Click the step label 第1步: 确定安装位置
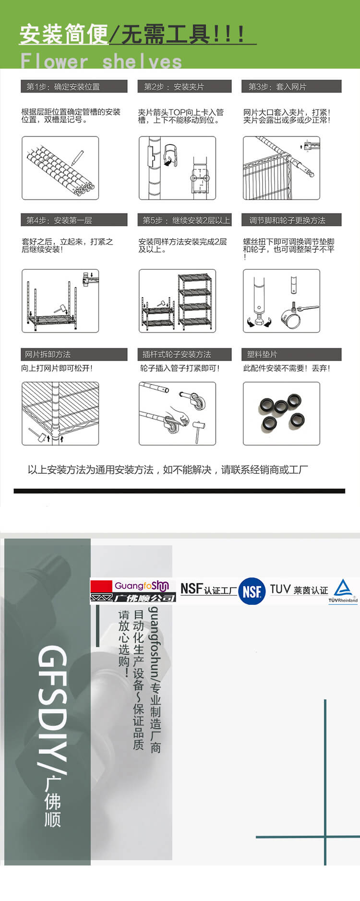pyautogui.click(x=63, y=87)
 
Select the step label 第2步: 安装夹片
pyautogui.click(x=174, y=87)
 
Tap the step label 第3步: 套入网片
pyautogui.click(x=277, y=87)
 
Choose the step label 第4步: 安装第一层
pyautogui.click(x=59, y=220)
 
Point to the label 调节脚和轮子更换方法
pyautogui.click(x=287, y=220)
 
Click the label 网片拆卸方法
pyautogui.click(x=48, y=354)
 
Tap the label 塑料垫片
pyautogui.click(x=262, y=354)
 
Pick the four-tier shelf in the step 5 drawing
pyautogui.click(x=194, y=301)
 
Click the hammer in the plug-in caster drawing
pyautogui.click(x=198, y=430)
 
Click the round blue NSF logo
pyautogui.click(x=252, y=591)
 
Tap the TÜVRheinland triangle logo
pyautogui.click(x=343, y=590)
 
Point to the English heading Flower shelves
pyautogui.click(x=101, y=61)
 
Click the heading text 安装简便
pyautogui.click(x=64, y=34)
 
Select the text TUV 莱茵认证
pyautogui.click(x=299, y=589)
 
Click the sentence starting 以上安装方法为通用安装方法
pyautogui.click(x=168, y=469)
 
